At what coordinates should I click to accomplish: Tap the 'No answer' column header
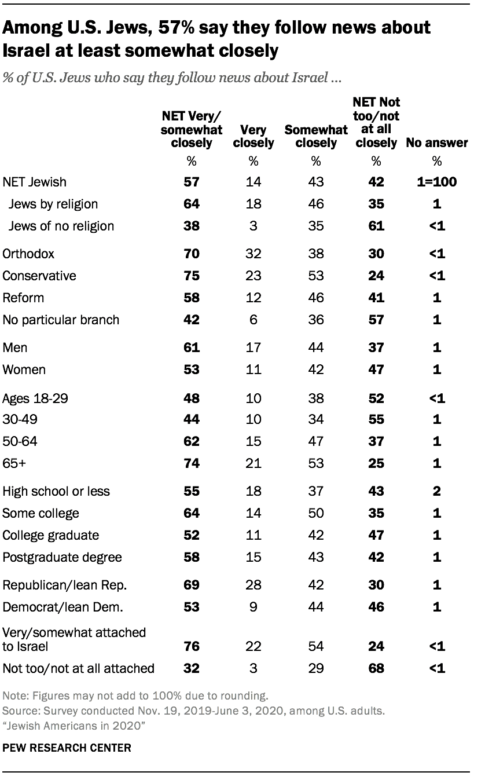coord(437,142)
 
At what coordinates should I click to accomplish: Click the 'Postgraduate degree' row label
coord(63,557)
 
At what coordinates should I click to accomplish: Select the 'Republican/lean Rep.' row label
coord(65,585)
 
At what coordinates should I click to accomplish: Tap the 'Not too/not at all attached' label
coord(79,668)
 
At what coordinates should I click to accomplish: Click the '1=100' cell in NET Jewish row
coord(437,182)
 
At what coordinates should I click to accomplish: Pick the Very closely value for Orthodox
coord(253,254)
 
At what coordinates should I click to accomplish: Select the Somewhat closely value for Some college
coord(315,513)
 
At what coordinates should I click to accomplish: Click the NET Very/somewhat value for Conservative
coord(192,276)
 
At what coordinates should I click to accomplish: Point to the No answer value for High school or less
coord(437,491)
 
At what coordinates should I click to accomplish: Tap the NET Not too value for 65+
coord(377,463)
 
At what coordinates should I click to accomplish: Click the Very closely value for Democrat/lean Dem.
coord(253,607)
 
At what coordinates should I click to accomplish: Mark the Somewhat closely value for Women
coord(315,369)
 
